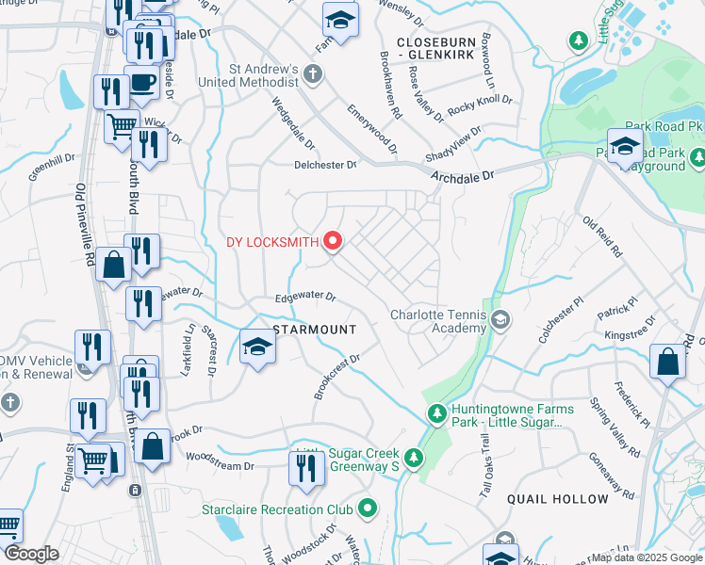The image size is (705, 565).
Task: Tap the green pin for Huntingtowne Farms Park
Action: coord(436,412)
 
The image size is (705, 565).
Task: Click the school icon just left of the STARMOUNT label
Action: coord(256,347)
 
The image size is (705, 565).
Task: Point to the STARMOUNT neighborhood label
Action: coord(314,330)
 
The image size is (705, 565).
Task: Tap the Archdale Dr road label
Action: coord(463,176)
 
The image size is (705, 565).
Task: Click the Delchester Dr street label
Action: coord(324,165)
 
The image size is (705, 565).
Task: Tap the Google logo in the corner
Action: coord(31,555)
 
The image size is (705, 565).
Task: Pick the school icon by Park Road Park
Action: coord(625,147)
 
